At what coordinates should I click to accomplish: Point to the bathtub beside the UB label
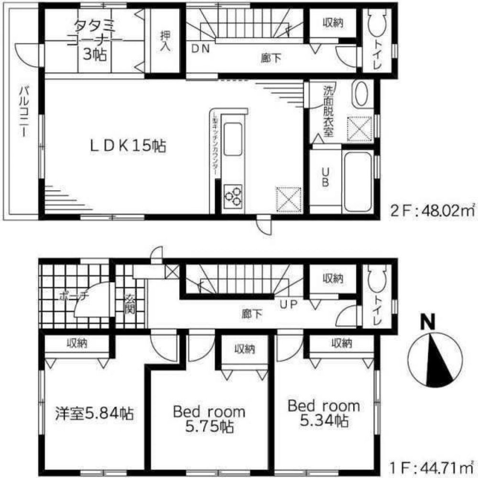[358, 182]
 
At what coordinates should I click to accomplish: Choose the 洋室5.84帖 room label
[93, 412]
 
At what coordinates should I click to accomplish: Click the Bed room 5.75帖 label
[209, 419]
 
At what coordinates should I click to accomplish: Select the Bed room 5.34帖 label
[323, 413]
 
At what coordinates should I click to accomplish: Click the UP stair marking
[286, 304]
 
